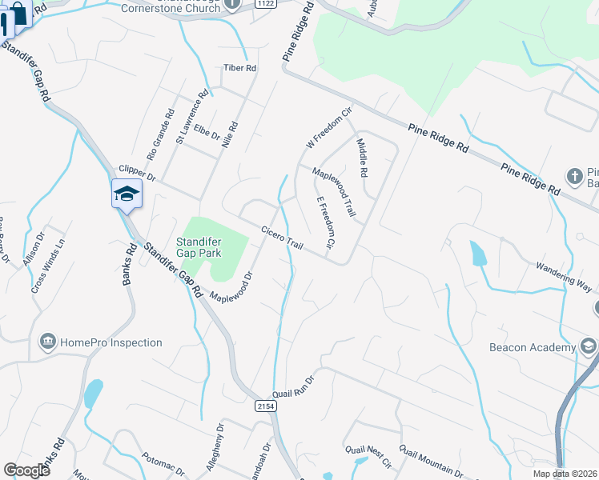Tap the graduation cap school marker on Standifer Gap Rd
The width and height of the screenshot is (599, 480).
(x=127, y=194)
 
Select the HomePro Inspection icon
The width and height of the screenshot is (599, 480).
(x=46, y=342)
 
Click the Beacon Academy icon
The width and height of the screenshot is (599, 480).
(x=589, y=346)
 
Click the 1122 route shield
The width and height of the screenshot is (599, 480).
(x=267, y=4)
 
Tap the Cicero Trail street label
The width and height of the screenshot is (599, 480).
(x=282, y=236)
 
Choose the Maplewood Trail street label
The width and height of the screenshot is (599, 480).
(x=333, y=193)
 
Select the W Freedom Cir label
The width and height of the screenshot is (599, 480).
(x=330, y=129)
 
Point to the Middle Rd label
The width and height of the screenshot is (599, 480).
(x=362, y=157)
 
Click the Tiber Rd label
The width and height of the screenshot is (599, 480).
(x=239, y=69)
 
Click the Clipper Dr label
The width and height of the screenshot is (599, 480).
(x=135, y=170)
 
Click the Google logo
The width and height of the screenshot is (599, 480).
(x=26, y=470)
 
